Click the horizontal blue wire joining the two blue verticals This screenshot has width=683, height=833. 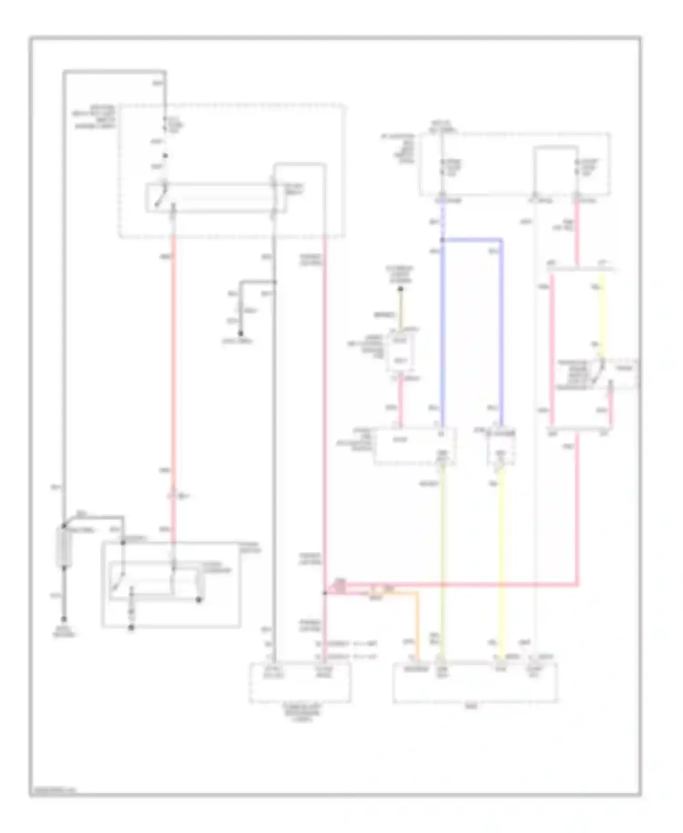coord(472,239)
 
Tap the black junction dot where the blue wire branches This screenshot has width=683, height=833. coord(442,240)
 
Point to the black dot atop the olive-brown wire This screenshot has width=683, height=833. coord(401,289)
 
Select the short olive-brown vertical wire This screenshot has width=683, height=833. coord(401,310)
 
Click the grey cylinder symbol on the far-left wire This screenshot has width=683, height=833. coord(64,546)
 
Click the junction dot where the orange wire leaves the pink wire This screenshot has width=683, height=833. coord(325,593)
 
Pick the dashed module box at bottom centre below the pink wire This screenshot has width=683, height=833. coord(300,682)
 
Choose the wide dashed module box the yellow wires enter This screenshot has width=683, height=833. coord(474,682)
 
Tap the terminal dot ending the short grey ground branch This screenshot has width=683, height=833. coord(241,334)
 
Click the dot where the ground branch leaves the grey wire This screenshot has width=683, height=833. coord(275,282)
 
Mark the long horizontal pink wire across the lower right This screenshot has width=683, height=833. coord(455,584)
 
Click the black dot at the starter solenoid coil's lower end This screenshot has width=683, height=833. coord(199,600)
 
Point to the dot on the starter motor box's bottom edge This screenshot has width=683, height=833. coord(131,627)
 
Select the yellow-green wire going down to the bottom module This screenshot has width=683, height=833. coord(443,560)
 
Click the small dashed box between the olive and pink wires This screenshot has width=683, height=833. coord(401,353)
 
